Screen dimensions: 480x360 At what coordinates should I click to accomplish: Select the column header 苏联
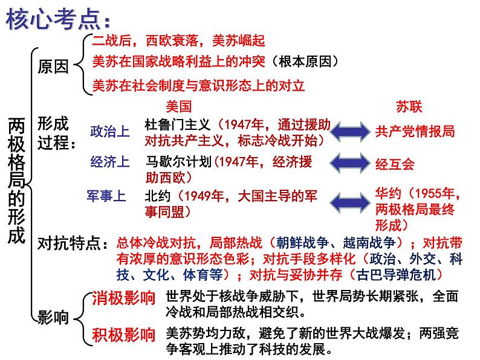[409, 106]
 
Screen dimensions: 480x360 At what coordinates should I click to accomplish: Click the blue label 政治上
[109, 130]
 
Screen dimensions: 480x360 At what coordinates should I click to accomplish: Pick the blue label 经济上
[109, 162]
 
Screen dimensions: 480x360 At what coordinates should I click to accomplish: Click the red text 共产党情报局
[414, 131]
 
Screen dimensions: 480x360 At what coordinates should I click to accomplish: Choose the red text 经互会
[395, 164]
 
